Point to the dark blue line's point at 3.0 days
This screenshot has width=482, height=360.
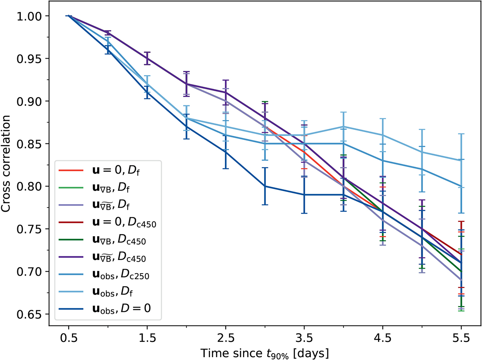(x=265, y=186)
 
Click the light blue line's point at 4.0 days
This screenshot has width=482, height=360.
(x=343, y=127)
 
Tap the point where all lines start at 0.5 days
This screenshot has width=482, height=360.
(x=68, y=16)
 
